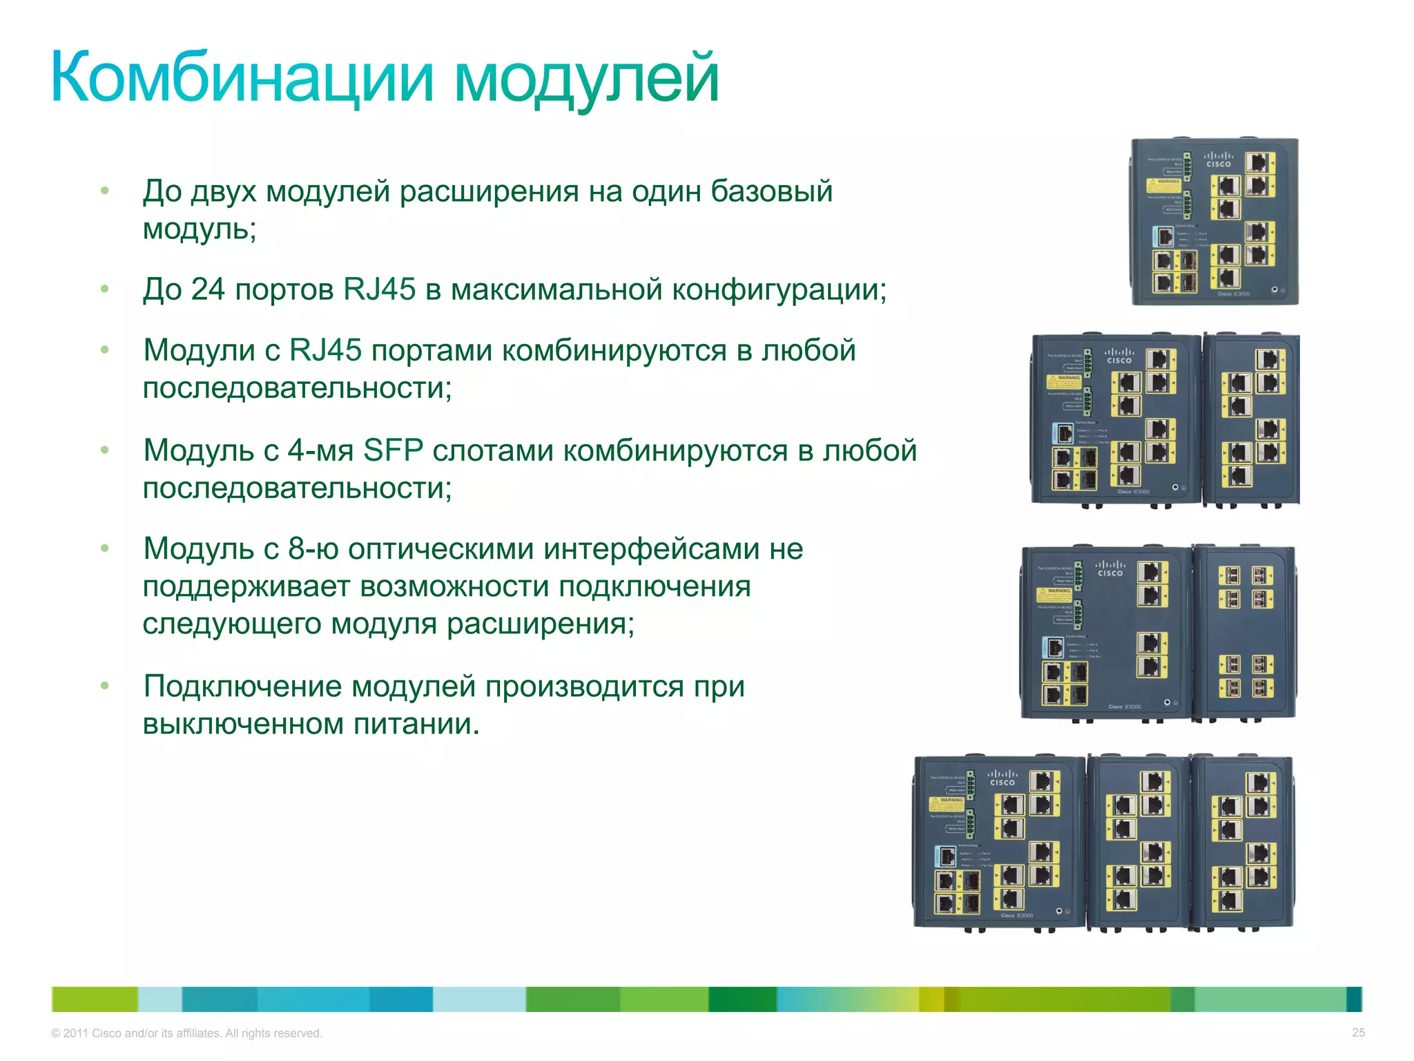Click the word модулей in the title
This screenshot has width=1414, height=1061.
(586, 77)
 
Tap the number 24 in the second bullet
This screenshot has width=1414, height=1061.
(207, 289)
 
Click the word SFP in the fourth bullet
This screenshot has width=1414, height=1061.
(393, 450)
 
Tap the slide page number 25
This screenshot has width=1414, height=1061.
(1358, 1032)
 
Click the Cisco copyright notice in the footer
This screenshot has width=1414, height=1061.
(186, 1033)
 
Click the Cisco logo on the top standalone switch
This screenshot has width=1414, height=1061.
(1219, 160)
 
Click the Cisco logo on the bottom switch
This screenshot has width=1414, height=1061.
(1002, 778)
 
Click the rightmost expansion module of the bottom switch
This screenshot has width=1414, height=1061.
(1243, 843)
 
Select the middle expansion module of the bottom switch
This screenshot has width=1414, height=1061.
(1138, 843)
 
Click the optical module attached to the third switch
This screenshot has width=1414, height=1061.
(1245, 632)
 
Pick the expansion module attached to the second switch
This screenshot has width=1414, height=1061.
(1251, 419)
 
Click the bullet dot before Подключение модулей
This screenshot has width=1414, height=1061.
(105, 686)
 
